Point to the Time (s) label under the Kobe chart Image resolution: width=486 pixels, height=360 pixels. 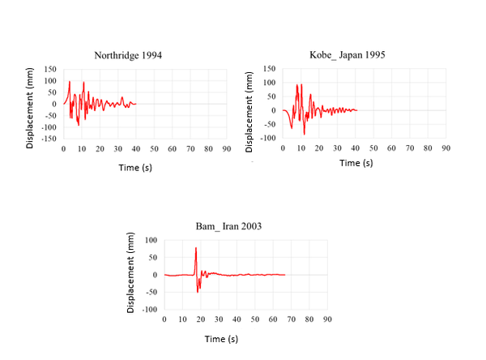click(356, 162)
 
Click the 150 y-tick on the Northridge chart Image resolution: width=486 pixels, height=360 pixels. click(50, 70)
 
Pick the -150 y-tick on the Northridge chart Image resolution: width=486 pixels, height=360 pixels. click(49, 139)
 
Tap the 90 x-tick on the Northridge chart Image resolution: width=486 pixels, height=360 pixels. click(226, 149)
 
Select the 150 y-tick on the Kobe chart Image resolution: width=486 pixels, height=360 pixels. click(270, 70)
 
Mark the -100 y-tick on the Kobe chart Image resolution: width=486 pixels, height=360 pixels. click(268, 139)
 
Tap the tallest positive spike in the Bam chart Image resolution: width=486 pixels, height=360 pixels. click(196, 248)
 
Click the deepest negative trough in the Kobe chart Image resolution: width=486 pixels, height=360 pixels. click(305, 134)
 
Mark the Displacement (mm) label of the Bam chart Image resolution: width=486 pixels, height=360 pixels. click(130, 273)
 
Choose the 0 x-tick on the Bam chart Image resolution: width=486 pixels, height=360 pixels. click(164, 320)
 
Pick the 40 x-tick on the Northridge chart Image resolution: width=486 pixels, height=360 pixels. click(136, 149)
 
